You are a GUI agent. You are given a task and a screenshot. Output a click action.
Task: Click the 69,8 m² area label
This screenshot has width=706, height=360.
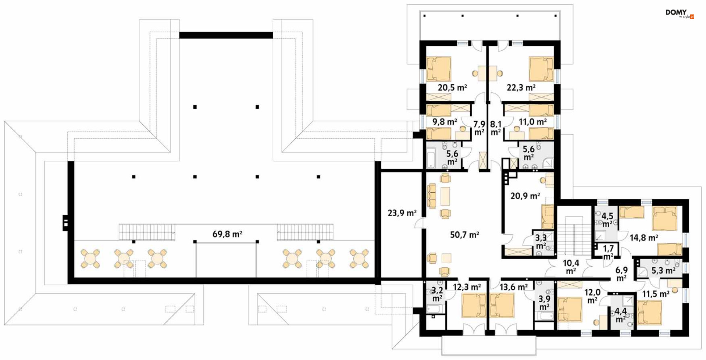click(227, 234)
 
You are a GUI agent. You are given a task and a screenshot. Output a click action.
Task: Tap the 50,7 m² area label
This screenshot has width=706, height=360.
click(464, 235)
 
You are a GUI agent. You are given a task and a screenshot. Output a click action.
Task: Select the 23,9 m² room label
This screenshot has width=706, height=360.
click(402, 213)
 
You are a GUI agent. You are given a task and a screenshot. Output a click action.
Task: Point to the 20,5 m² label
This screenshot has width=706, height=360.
click(452, 88)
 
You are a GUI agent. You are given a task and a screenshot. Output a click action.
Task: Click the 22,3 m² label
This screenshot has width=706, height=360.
click(521, 88)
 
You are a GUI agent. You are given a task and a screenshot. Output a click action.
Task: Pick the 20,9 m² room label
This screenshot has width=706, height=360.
click(525, 196)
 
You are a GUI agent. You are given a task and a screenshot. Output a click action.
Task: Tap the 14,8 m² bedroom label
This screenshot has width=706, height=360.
click(644, 238)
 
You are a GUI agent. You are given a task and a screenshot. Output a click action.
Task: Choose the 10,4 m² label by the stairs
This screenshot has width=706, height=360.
click(571, 267)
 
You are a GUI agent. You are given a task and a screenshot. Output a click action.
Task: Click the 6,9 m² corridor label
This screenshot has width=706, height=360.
click(621, 274)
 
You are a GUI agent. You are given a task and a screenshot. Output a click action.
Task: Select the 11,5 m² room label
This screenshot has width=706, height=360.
click(656, 294)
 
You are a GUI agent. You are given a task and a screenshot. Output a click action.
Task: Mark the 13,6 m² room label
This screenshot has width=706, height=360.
click(514, 287)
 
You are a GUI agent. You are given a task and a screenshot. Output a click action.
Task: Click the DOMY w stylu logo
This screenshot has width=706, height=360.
click(680, 14)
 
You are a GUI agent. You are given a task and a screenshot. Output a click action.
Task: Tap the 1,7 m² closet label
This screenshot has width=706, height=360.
click(608, 253)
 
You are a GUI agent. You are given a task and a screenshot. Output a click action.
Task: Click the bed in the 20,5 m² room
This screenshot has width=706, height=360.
click(439, 69)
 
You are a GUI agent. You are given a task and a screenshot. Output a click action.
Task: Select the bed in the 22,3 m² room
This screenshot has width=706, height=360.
click(541, 69)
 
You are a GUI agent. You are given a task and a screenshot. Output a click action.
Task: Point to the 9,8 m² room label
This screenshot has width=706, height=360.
click(445, 122)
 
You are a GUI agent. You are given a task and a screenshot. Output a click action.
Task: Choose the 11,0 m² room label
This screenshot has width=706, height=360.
click(533, 122)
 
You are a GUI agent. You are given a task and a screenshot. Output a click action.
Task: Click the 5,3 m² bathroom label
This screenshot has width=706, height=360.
click(663, 271)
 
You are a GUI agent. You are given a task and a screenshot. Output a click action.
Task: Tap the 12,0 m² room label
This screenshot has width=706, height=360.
click(592, 296)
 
